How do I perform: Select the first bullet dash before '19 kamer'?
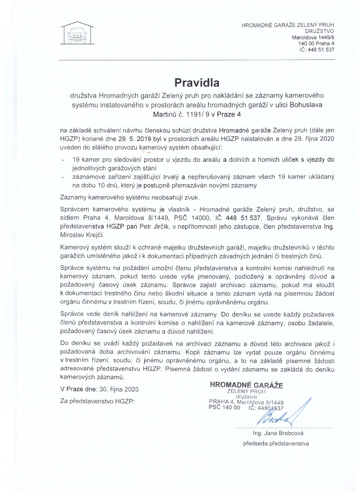pos(62,160)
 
